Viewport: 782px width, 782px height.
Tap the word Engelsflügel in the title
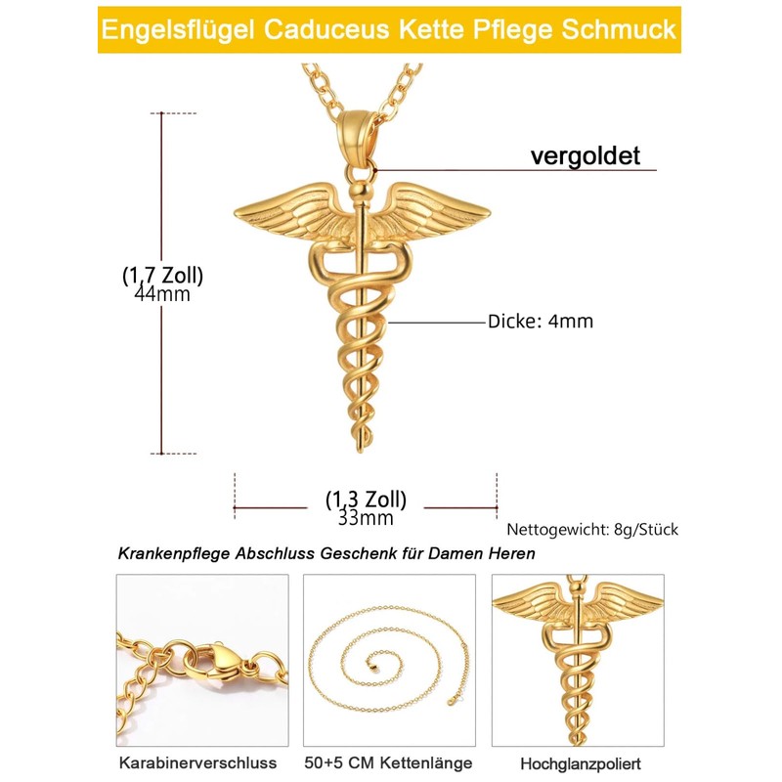[176, 28]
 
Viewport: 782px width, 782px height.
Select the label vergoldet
[585, 155]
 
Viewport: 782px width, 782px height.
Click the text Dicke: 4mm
[541, 321]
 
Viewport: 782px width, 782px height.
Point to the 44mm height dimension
[162, 293]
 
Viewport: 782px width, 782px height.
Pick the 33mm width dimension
[366, 518]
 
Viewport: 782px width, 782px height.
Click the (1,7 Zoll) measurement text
[162, 275]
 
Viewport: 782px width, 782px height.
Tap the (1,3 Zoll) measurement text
[366, 499]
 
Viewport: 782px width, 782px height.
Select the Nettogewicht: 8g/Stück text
[592, 530]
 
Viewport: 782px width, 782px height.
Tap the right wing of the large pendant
[437, 211]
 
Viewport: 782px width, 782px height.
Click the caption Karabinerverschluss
[197, 762]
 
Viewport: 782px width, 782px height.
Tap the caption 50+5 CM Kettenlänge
[389, 762]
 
